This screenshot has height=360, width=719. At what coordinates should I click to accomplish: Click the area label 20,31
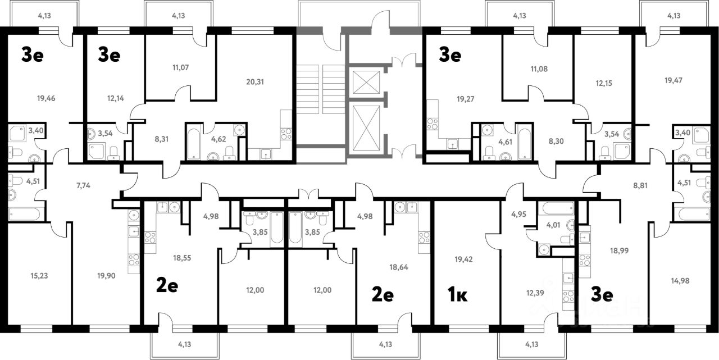tap(255, 82)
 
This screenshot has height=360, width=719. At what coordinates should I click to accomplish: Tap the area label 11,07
tap(180, 67)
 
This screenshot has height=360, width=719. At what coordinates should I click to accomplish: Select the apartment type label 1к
tap(457, 295)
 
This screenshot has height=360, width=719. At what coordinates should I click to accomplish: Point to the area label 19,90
tap(106, 276)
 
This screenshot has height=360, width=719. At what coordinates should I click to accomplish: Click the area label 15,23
tap(39, 276)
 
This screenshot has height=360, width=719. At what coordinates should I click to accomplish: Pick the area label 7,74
tap(83, 185)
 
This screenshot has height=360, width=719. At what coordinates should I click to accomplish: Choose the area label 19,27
tap(466, 99)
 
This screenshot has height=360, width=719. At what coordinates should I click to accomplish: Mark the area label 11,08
tap(539, 69)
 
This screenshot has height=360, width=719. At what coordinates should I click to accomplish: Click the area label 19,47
tap(674, 80)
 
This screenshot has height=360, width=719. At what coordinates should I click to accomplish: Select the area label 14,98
tap(680, 281)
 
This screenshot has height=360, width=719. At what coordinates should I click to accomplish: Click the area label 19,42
tap(463, 259)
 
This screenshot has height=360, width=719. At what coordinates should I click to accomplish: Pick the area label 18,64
tap(399, 267)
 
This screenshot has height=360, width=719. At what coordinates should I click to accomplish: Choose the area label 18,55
tap(182, 258)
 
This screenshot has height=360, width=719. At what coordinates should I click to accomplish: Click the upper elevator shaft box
tap(366, 83)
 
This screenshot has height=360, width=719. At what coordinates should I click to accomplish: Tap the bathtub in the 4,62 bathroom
tap(194, 144)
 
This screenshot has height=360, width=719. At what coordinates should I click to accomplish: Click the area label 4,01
tap(553, 225)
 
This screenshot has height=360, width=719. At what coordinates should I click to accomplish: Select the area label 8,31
tap(161, 139)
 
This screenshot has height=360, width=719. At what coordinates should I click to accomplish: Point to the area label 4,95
tap(518, 214)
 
